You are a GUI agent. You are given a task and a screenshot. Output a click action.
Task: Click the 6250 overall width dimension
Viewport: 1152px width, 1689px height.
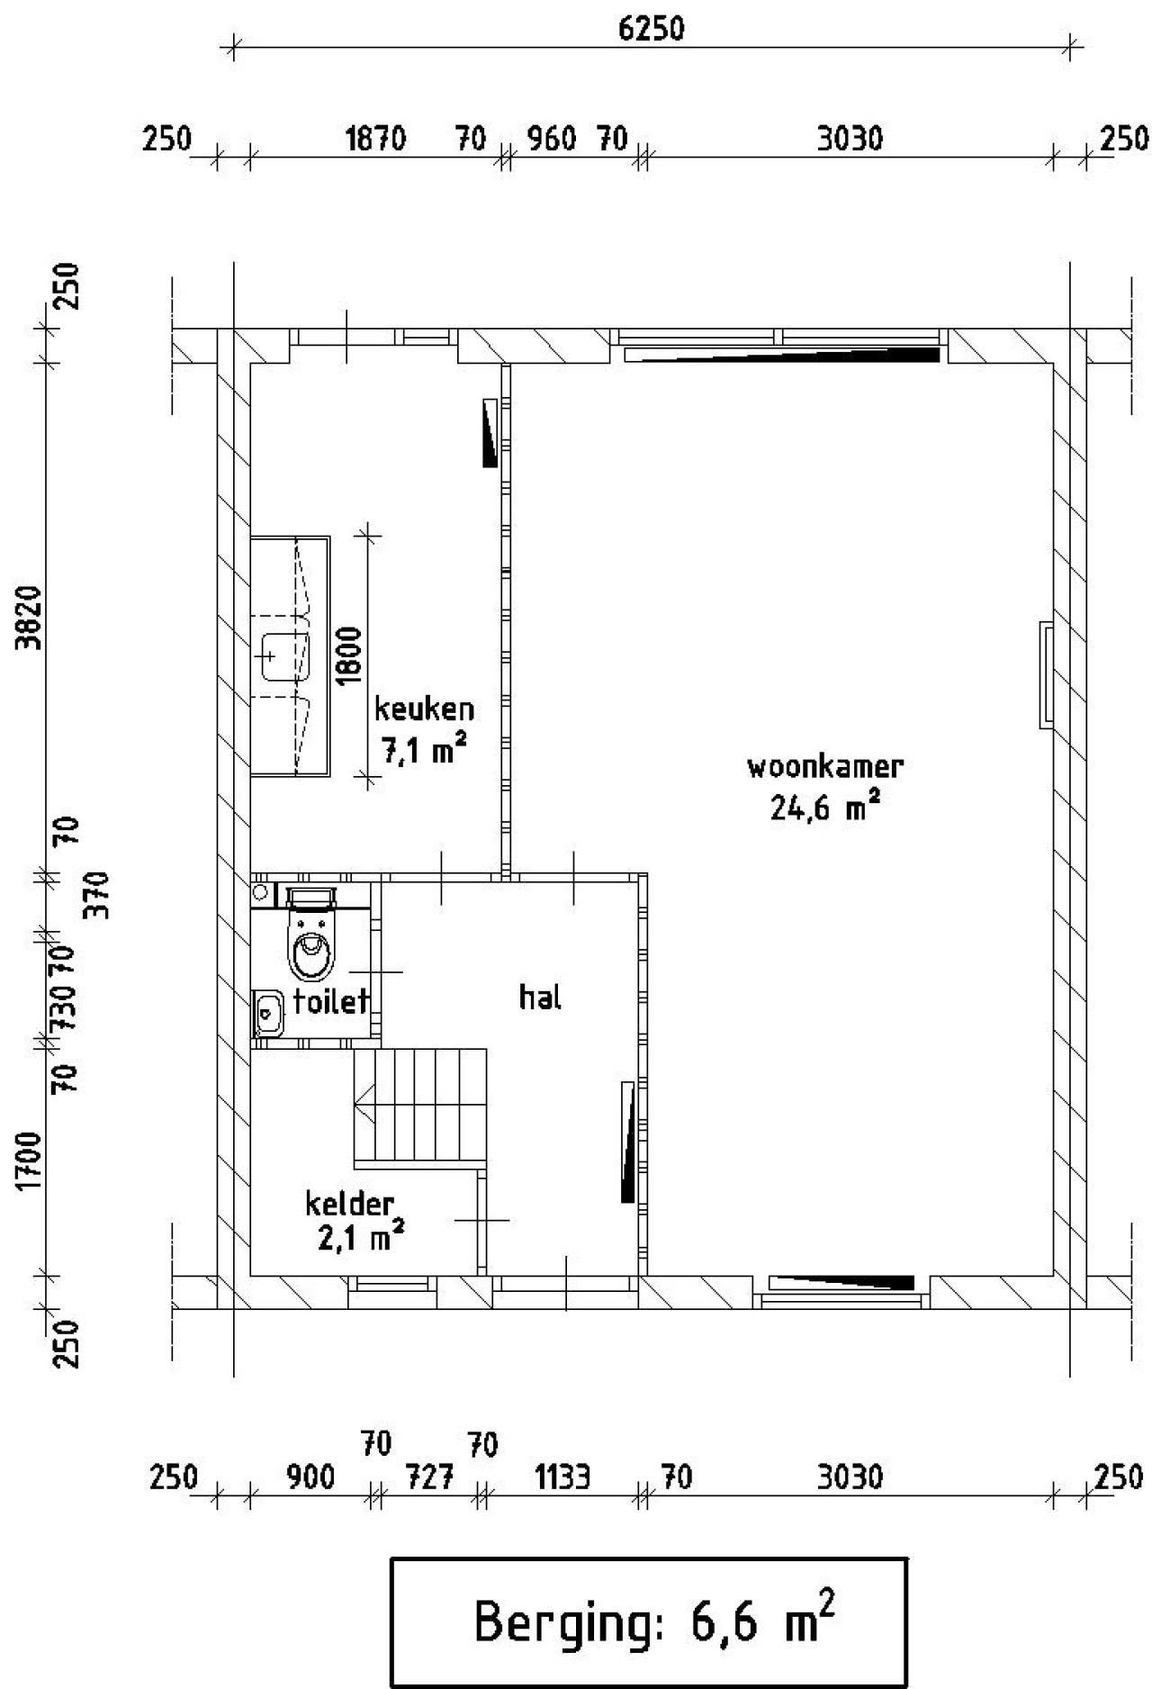point(651,29)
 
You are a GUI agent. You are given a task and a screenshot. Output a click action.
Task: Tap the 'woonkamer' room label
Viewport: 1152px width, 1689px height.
point(825,767)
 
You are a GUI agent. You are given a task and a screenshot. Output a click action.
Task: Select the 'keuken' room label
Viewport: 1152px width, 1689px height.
point(424,709)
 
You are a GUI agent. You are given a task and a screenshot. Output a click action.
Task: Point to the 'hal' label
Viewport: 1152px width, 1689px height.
point(540,997)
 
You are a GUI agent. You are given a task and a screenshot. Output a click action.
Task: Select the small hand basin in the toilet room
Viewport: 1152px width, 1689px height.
point(268,1013)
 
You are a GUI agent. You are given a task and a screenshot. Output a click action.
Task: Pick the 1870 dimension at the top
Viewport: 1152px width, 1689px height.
point(376,140)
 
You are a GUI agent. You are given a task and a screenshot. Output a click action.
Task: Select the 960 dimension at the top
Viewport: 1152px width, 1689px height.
point(551,140)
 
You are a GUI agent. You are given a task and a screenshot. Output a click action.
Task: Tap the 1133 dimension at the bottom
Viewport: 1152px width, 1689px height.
point(562,1478)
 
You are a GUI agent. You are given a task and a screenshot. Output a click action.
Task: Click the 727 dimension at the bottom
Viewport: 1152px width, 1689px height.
point(429,1478)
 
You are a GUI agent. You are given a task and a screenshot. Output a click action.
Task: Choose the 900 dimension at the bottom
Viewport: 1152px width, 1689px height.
point(310,1478)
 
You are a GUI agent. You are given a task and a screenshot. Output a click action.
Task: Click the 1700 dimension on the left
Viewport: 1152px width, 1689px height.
point(31,1161)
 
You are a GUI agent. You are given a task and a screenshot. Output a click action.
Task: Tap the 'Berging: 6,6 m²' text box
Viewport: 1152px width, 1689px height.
point(648,1623)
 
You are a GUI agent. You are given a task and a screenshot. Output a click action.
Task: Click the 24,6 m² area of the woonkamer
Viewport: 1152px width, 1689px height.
point(823,806)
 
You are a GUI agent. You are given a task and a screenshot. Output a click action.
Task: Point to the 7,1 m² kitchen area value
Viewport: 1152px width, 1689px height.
point(425,749)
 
